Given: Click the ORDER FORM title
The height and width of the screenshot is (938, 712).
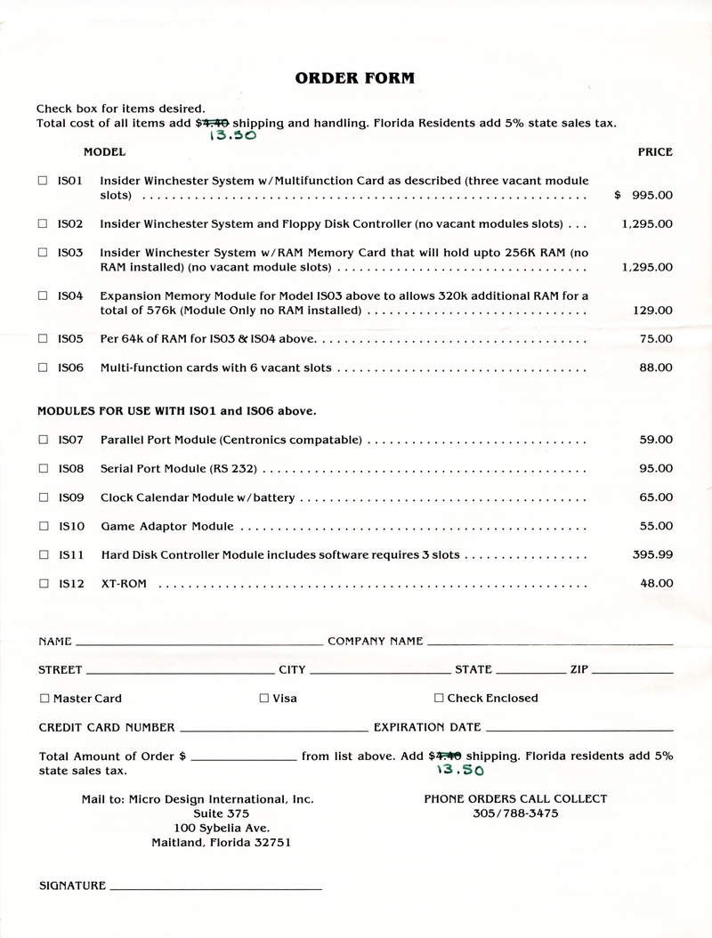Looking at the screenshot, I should pos(354,78).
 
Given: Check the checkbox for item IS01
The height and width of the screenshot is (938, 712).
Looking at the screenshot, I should pos(43,180).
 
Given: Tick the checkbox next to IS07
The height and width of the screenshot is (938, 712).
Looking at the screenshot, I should pos(43,439).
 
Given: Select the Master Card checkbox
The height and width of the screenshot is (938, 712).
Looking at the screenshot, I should pos(44,699).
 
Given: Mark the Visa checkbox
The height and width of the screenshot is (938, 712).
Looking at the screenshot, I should pos(263,699).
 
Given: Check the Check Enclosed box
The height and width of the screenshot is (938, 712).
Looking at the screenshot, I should pos(439,699).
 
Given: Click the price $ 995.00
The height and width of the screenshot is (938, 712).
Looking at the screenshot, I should pos(643,195).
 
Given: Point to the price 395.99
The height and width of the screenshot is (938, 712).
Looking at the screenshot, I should pos(652,554).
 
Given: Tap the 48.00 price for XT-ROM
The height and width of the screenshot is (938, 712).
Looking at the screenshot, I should pos(656,584).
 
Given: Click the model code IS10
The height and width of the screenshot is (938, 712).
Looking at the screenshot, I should pos(70,526).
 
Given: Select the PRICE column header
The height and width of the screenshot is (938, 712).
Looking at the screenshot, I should pos(654,152).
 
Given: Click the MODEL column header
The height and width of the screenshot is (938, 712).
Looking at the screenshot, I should pos(104,152).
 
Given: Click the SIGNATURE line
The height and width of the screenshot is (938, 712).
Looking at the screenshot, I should pos(215,887).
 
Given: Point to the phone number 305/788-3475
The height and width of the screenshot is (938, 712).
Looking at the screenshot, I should pos(515,813).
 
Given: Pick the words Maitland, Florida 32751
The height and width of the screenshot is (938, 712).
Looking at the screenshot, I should pos(221,843).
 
